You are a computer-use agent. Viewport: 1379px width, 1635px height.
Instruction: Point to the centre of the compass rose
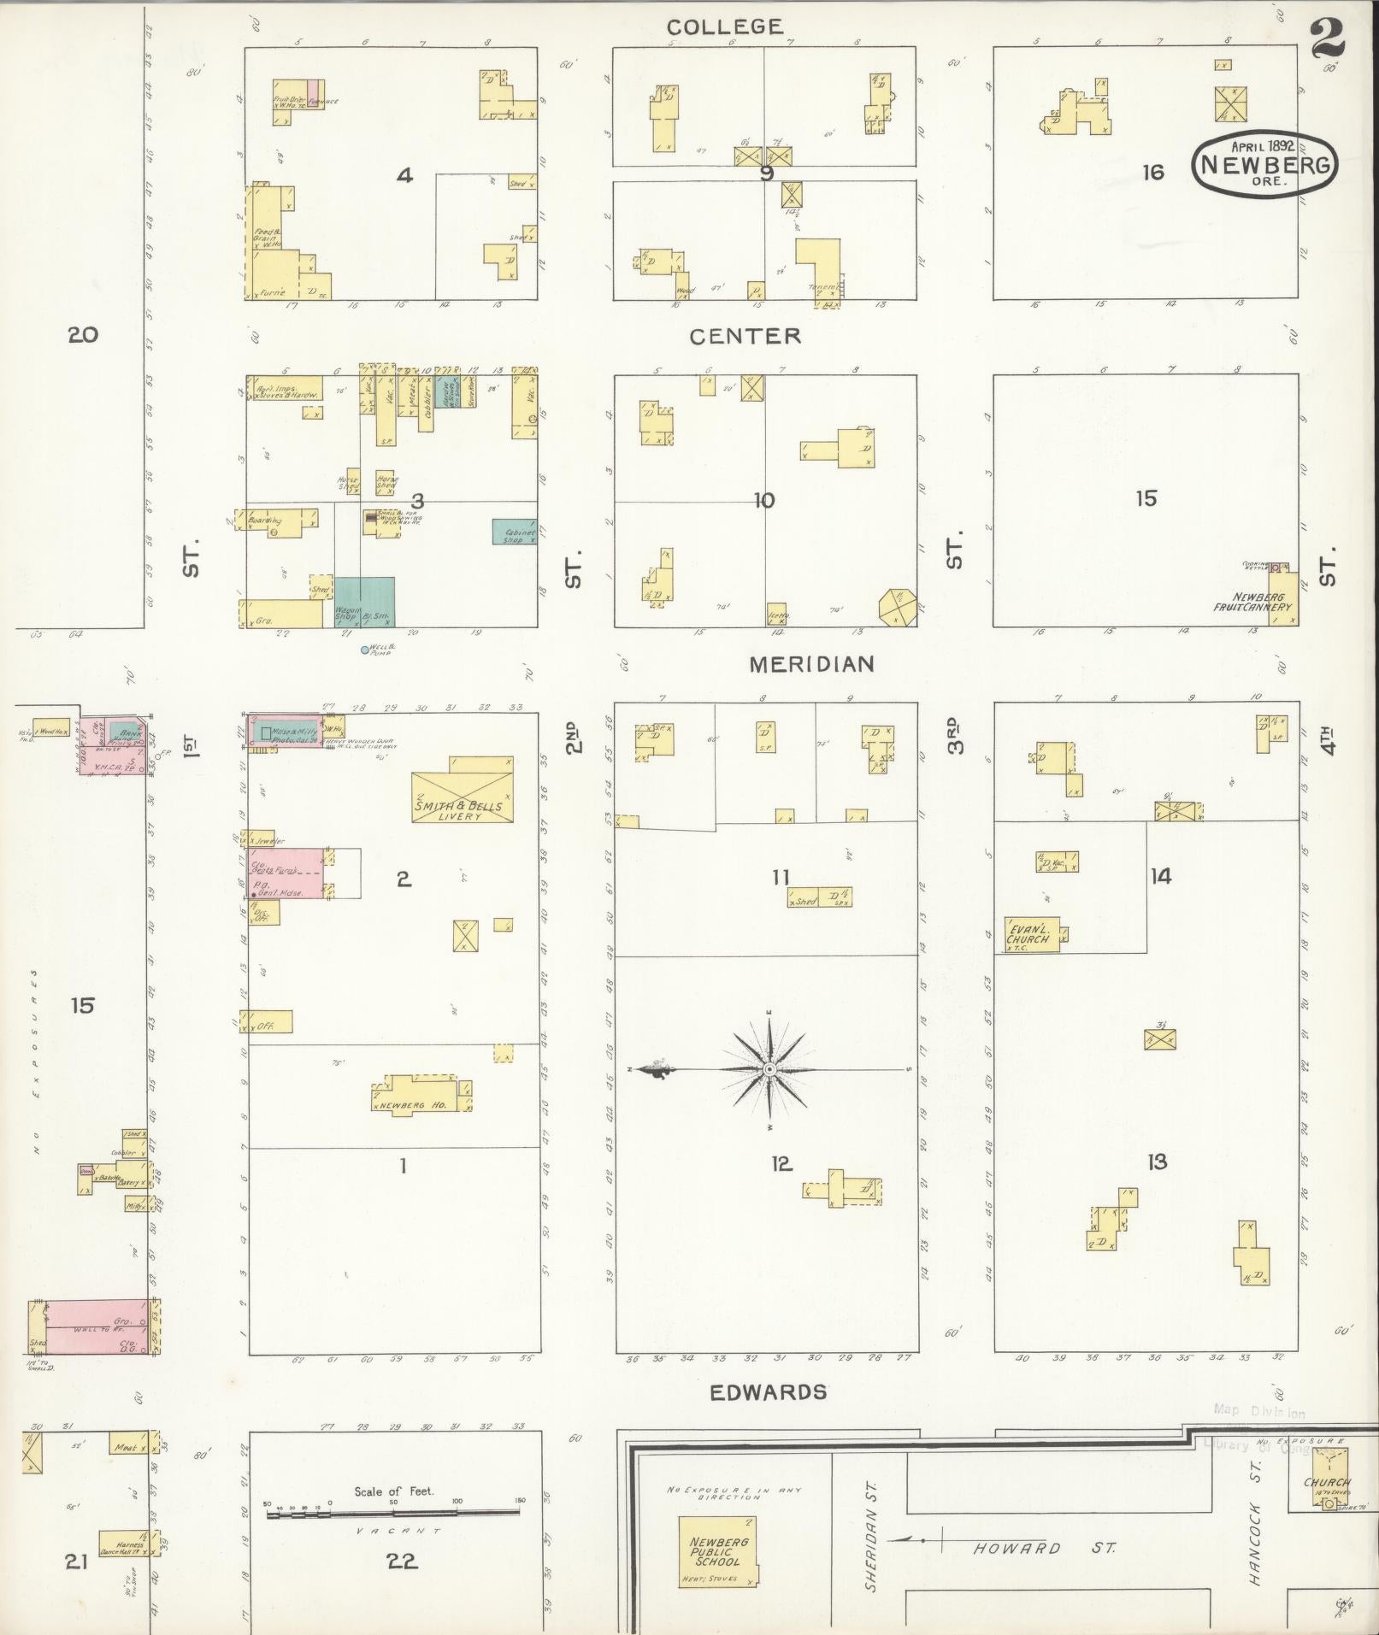click(769, 1069)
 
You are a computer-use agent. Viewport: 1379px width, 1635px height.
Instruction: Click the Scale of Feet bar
click(393, 1512)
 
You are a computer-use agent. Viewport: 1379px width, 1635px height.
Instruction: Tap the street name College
click(724, 27)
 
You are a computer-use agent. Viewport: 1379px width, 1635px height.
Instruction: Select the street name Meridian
click(811, 664)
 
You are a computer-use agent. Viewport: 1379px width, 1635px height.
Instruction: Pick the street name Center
click(745, 336)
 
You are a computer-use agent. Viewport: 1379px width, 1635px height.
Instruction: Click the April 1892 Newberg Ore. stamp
click(1263, 161)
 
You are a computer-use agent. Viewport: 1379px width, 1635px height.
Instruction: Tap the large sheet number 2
click(1328, 38)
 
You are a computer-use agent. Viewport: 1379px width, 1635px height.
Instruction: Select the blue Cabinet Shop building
click(514, 532)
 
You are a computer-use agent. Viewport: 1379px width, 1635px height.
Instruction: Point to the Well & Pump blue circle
click(364, 650)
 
